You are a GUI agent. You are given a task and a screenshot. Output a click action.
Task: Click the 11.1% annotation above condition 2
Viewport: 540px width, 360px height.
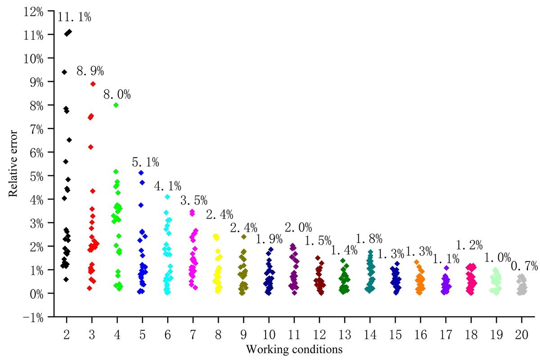[74, 18]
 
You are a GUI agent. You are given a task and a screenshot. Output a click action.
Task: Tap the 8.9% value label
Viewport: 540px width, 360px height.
[90, 71]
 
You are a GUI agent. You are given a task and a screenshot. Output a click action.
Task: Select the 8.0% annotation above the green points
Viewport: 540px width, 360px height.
[117, 95]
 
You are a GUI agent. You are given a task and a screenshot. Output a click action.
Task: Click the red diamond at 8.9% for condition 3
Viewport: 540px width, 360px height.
[93, 84]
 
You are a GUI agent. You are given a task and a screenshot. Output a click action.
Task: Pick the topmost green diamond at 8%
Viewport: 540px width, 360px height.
[116, 105]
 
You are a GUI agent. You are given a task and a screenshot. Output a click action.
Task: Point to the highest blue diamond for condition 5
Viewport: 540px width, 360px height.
[141, 173]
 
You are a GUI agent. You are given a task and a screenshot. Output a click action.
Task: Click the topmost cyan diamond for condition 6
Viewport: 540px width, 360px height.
[167, 197]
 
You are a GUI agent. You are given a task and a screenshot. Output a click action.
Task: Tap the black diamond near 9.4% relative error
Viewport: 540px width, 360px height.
[64, 72]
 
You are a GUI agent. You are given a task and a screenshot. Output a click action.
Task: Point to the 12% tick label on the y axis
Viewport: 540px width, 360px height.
[34, 12]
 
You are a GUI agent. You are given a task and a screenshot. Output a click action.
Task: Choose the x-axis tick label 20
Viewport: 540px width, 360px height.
[522, 333]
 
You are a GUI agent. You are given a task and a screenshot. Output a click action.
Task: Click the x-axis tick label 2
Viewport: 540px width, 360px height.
[67, 333]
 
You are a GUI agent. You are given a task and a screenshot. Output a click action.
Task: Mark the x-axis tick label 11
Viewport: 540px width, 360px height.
[294, 333]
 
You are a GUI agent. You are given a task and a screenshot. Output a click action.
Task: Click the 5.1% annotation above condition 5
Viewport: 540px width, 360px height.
[145, 162]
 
